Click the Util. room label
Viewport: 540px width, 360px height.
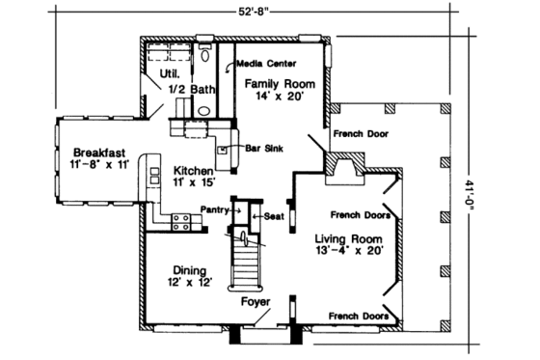click(x=159, y=71)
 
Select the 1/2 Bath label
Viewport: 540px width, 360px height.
click(x=193, y=90)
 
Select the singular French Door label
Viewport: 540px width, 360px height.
click(x=362, y=134)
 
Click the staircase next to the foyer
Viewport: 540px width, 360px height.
click(x=246, y=259)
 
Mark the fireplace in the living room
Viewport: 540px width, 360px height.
click(x=343, y=174)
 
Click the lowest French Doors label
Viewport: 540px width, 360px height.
click(x=358, y=316)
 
